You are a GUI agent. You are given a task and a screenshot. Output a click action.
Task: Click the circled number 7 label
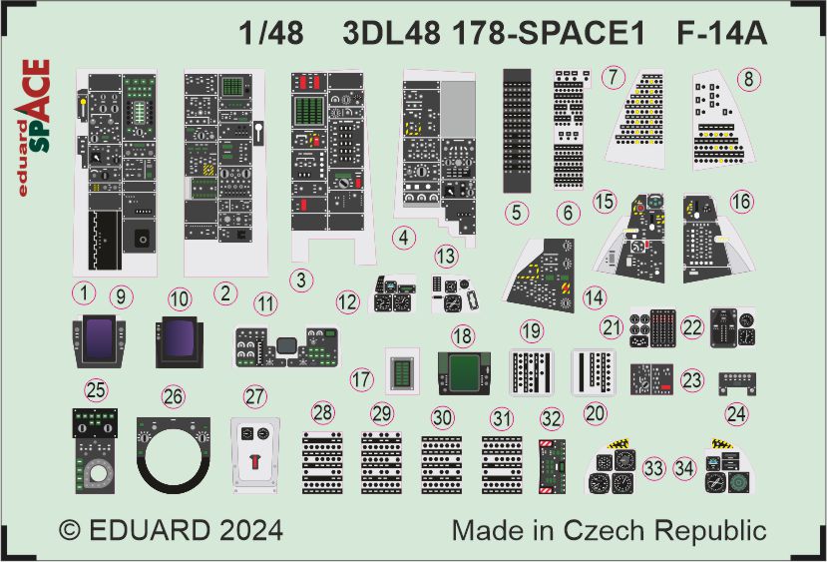click(613, 78)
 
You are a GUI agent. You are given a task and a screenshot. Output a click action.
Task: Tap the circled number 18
click(463, 336)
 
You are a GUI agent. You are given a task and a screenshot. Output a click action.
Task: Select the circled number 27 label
click(255, 397)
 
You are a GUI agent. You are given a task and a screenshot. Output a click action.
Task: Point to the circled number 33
click(654, 468)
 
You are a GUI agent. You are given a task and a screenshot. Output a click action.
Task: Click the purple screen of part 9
click(99, 338)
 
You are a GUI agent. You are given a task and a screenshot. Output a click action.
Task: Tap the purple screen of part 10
click(179, 338)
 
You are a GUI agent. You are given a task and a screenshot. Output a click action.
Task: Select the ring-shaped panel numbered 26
click(174, 455)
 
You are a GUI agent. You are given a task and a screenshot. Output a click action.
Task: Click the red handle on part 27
click(255, 461)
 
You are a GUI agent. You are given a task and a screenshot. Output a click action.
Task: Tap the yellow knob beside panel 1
click(83, 105)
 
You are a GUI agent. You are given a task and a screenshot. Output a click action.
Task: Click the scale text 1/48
click(271, 33)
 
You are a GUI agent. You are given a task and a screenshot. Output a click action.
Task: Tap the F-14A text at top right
click(721, 33)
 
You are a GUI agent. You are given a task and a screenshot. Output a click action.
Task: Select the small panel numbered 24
click(737, 383)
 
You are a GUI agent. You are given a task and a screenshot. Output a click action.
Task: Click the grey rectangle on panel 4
click(457, 109)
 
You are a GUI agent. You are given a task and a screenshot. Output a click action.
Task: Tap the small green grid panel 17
click(403, 371)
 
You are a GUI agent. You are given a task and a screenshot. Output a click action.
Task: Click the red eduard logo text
click(23, 159)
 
